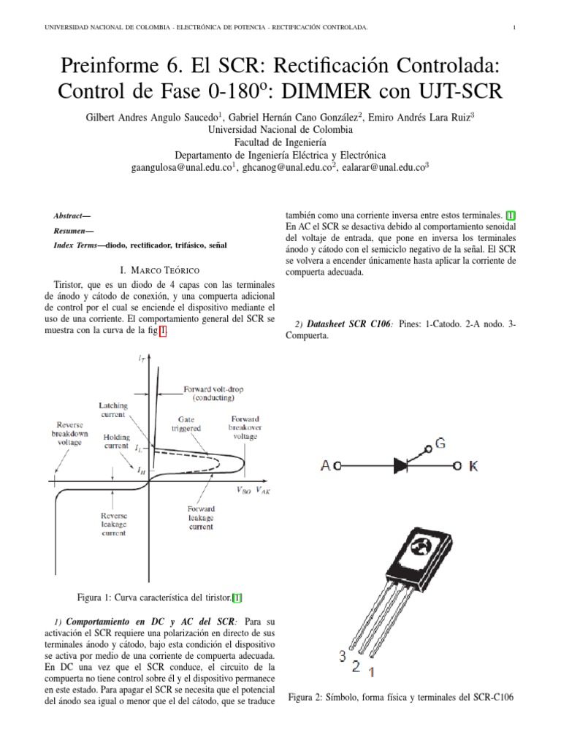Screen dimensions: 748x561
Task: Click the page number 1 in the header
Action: [x=514, y=28]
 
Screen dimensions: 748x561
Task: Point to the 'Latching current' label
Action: [x=112, y=410]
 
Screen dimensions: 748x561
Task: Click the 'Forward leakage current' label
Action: [x=199, y=518]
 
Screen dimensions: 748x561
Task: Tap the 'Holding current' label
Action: [x=117, y=441]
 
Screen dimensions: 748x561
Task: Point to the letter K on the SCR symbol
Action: [x=473, y=465]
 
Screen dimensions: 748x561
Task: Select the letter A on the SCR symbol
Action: [x=327, y=466]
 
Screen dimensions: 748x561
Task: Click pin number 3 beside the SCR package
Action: [x=342, y=656]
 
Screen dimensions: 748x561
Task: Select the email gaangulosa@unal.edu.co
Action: [x=180, y=167]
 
